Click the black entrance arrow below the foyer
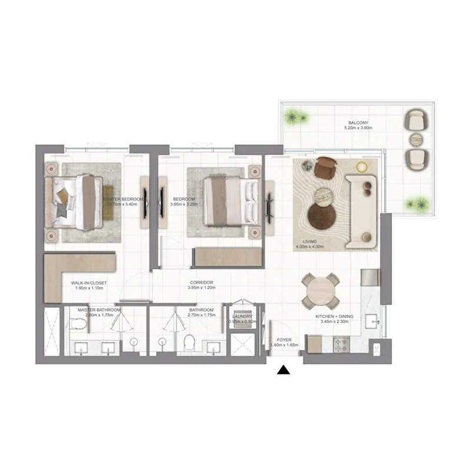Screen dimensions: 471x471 (284, 370)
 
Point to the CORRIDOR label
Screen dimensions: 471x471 (201, 283)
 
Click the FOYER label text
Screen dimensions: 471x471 (284, 340)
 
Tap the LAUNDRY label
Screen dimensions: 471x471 (242, 316)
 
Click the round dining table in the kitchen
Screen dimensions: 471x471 (321, 291)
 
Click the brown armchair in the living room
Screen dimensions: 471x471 (324, 170)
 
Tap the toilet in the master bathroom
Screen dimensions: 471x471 (75, 323)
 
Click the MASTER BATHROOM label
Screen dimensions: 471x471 (99, 310)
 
